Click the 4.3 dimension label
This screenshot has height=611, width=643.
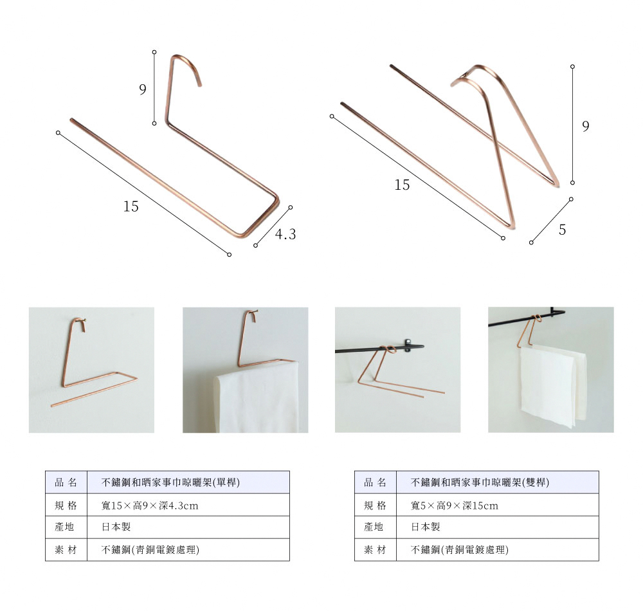point(285,235)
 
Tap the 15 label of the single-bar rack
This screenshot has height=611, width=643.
point(131,206)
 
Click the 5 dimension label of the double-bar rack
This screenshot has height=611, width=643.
point(562,230)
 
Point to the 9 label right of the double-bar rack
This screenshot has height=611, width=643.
point(585,127)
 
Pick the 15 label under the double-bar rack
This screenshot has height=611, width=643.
point(402,185)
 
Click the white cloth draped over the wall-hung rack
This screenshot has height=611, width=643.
point(257,399)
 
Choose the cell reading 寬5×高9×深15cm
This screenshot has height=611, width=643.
point(455,506)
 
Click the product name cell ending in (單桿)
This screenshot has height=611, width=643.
point(171,482)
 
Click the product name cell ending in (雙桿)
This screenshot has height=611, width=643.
point(480,482)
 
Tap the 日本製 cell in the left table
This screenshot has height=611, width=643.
point(116,527)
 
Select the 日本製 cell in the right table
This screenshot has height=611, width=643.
point(426,527)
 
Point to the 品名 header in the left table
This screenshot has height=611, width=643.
point(66,482)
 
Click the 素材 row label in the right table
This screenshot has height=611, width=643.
point(376,550)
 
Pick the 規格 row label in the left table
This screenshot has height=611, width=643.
point(66,506)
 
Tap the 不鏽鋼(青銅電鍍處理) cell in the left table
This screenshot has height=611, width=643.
point(150,550)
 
